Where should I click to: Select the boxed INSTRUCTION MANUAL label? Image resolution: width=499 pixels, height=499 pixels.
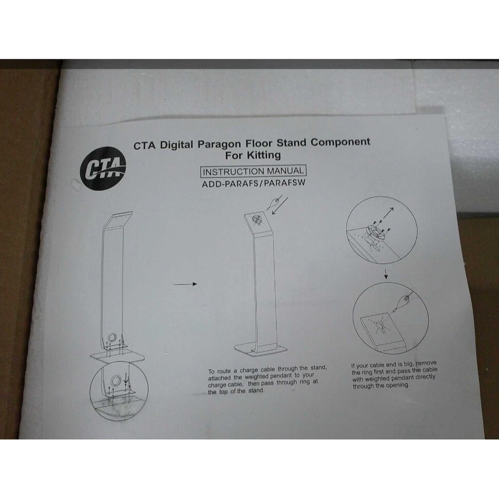(x=253, y=171)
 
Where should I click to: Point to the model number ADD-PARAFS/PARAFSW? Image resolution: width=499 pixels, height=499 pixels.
(x=253, y=183)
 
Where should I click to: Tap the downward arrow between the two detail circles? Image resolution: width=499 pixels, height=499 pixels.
(x=385, y=273)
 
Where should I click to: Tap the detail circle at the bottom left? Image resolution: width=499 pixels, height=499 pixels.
(x=119, y=388)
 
